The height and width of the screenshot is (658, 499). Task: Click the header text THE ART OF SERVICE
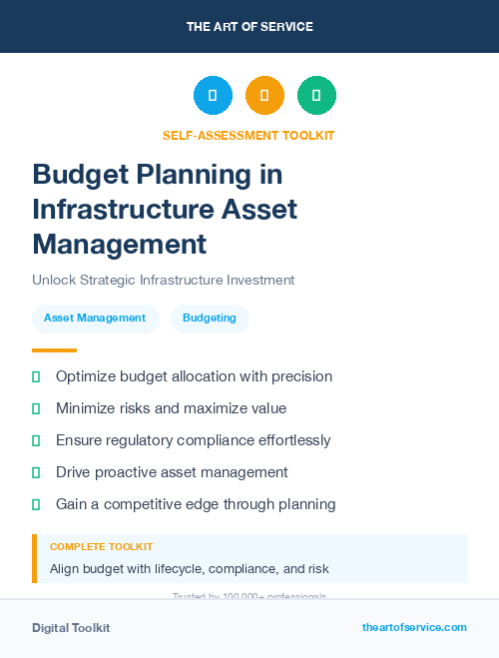[x=249, y=27]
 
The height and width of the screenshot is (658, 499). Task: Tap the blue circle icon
[x=213, y=96]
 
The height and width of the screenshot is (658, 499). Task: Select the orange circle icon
[x=264, y=96]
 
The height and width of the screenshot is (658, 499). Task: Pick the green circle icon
[x=316, y=96]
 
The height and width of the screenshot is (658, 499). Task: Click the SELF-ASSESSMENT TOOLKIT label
[x=249, y=135]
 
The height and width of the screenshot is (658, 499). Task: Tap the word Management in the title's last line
[x=119, y=244]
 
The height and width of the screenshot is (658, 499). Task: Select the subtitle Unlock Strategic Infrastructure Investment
[x=163, y=281]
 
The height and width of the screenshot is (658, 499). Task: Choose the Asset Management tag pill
[x=95, y=319]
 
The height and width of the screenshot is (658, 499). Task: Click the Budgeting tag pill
[x=210, y=319]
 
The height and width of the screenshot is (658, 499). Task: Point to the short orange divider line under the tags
[x=54, y=350]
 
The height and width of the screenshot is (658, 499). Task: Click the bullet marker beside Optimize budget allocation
[x=36, y=377]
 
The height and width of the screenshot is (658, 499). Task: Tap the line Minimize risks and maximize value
[x=171, y=408]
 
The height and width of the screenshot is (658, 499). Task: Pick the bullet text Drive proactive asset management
[x=172, y=472]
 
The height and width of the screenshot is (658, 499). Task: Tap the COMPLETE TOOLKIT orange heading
[x=101, y=547]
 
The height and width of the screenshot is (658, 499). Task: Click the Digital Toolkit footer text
[x=71, y=628]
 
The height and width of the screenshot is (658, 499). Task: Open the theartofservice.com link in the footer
[x=414, y=627]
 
